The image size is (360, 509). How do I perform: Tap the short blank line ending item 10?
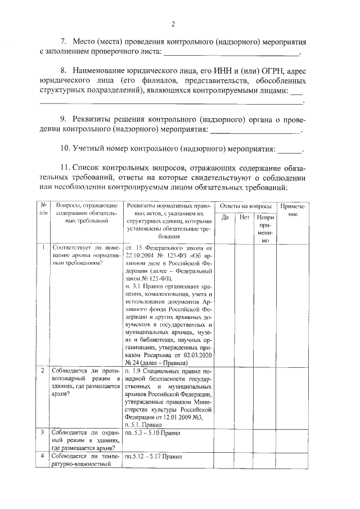290,150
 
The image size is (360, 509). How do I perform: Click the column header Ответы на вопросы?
246,206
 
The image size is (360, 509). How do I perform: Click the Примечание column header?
292,211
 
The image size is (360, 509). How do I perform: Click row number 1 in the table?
43,247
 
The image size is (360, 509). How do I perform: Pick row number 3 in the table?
43,432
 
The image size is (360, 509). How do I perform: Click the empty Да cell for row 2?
224,397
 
